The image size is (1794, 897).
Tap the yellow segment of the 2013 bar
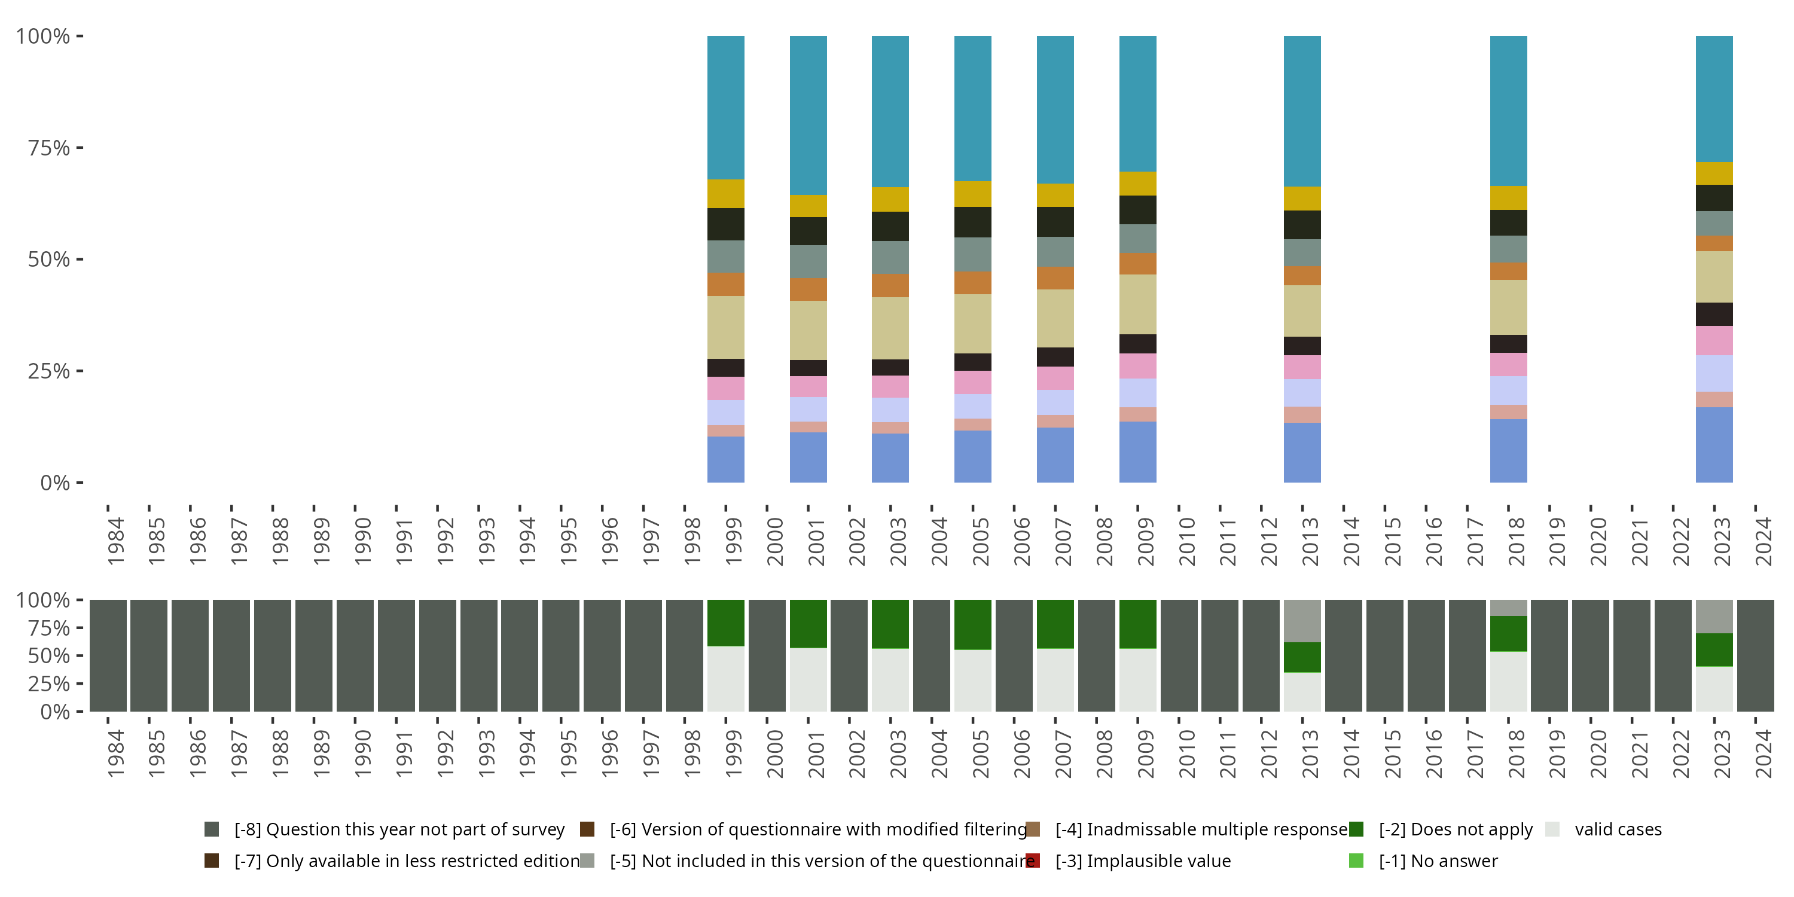[1302, 199]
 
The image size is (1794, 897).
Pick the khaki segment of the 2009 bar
[1137, 304]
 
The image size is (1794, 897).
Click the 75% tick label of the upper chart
[49, 148]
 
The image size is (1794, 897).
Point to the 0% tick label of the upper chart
[55, 483]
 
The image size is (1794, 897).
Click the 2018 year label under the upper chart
[1515, 542]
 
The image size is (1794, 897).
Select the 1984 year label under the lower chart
[115, 753]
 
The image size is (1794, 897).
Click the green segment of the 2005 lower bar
[972, 625]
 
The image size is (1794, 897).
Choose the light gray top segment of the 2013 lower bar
[1302, 621]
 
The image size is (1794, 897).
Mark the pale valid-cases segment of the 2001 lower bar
[808, 680]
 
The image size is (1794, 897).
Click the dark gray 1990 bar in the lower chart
[355, 655]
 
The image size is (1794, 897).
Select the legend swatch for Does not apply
[1356, 829]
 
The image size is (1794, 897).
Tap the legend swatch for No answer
[1356, 861]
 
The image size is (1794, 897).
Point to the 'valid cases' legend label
[1618, 829]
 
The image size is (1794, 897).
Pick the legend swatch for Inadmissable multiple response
[1033, 829]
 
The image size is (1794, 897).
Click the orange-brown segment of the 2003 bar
[890, 285]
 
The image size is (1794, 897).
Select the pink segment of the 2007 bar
[1055, 378]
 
